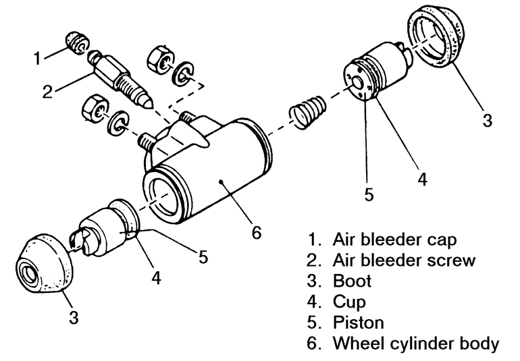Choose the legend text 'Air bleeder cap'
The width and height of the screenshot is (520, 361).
pyautogui.click(x=394, y=240)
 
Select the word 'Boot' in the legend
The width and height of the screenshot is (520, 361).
pyautogui.click(x=350, y=281)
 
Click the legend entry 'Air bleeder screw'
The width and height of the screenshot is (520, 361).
pyautogui.click(x=401, y=260)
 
